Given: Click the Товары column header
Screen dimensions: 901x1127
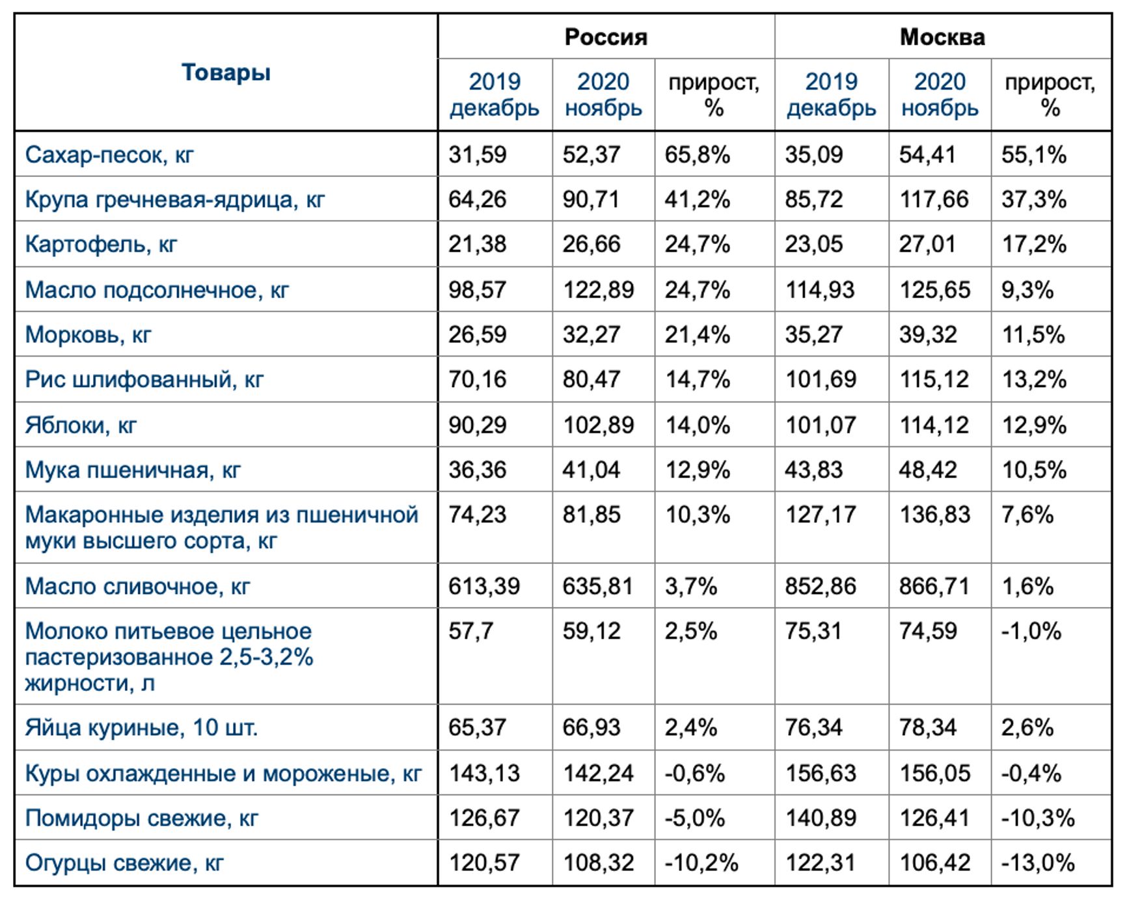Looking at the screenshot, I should [x=226, y=72].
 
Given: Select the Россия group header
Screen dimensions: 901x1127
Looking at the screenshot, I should [x=606, y=37].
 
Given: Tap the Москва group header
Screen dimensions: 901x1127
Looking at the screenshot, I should [x=942, y=37].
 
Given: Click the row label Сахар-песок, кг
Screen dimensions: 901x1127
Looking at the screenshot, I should [x=109, y=155].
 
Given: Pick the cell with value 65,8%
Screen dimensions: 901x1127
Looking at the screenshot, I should [x=697, y=155].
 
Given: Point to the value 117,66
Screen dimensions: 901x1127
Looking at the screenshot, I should [x=934, y=199].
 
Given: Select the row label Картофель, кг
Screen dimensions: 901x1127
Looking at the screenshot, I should [x=101, y=244].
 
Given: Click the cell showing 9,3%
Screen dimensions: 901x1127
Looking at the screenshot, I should [x=1027, y=289].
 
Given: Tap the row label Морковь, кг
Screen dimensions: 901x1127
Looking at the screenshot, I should [x=88, y=334].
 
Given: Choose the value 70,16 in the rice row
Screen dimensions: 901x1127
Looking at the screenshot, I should [x=477, y=379].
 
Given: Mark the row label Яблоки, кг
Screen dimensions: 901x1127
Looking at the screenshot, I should [x=81, y=425].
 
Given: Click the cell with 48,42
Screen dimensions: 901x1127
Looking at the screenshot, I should [x=928, y=470].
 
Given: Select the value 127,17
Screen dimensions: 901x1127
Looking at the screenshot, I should [x=821, y=515].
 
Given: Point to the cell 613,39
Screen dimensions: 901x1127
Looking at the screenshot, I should [x=484, y=586].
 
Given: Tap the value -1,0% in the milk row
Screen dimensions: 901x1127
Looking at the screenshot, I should [x=1031, y=631].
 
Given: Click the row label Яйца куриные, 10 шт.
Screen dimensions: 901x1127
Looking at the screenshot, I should [x=141, y=727].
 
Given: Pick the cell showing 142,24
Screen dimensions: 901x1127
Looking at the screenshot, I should [x=598, y=773].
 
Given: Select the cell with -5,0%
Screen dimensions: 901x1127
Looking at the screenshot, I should [x=694, y=818].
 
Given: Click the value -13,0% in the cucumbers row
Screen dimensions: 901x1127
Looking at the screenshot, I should [x=1037, y=863].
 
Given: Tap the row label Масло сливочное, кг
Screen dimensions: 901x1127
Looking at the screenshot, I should [x=137, y=586].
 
